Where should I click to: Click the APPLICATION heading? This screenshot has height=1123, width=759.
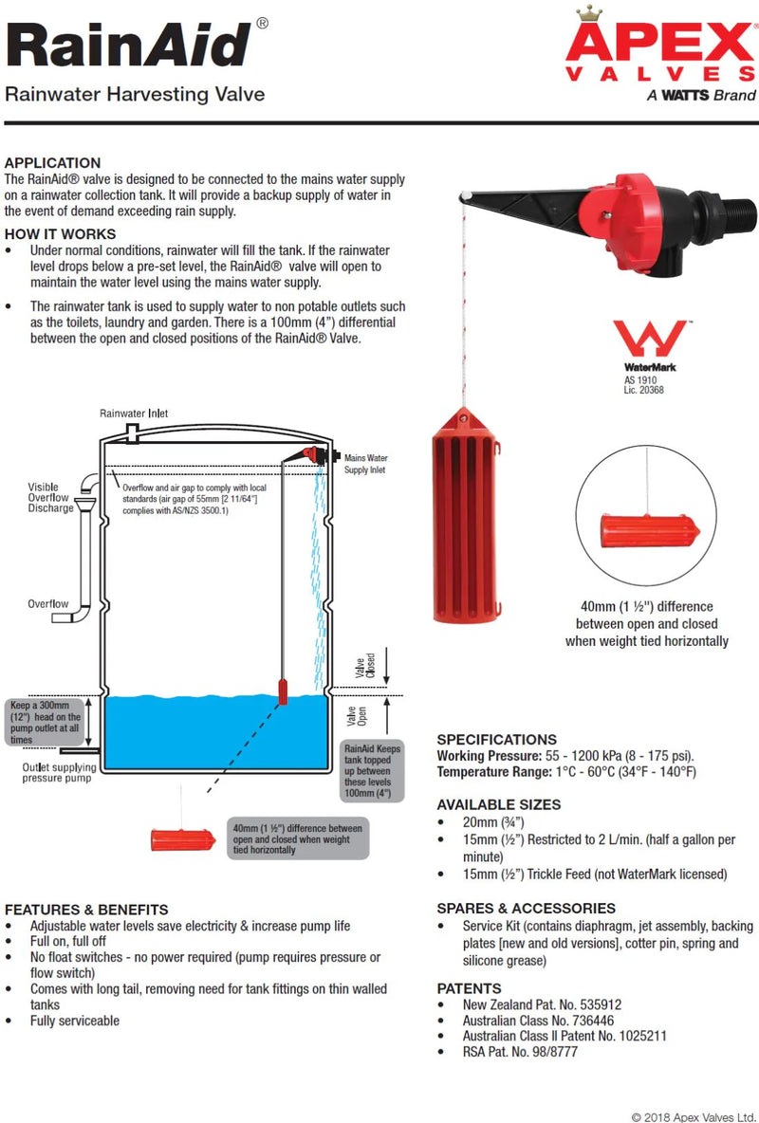[52, 162]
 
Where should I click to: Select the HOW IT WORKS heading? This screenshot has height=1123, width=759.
[60, 233]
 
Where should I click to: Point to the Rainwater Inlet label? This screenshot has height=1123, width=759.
[134, 414]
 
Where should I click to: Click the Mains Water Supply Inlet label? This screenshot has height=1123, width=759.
[365, 463]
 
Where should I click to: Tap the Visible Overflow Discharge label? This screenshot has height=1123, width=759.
[50, 498]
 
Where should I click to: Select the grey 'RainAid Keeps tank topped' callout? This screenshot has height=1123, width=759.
[373, 770]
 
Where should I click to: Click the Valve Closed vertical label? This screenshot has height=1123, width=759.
[365, 664]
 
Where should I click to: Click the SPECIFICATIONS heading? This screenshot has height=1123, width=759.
[496, 739]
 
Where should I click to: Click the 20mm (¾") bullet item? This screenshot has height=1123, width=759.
[493, 822]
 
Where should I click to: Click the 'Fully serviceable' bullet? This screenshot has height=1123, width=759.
[74, 1021]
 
